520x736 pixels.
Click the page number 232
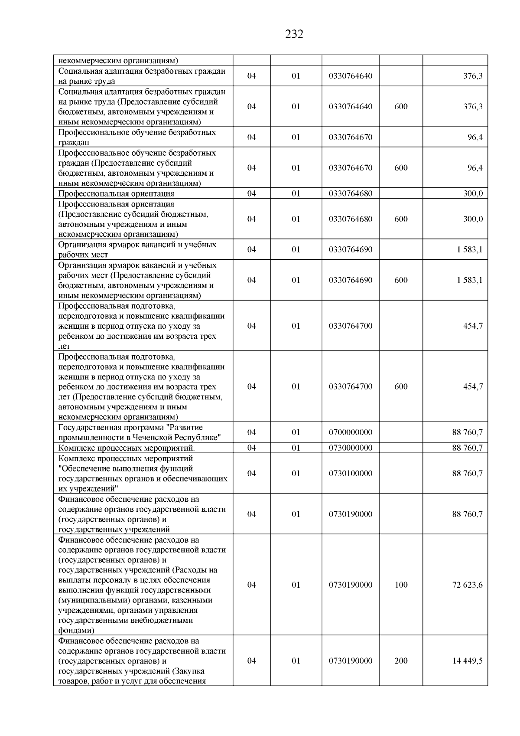click(294, 34)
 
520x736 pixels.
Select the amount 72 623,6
click(467, 585)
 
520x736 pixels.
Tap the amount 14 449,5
click(467, 661)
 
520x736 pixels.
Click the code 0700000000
click(351, 432)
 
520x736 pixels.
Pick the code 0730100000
click(351, 473)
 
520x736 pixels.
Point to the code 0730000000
click(351, 448)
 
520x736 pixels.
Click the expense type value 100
click(401, 585)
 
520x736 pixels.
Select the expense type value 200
click(401, 661)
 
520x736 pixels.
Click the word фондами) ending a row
click(76, 630)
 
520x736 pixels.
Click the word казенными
click(191, 600)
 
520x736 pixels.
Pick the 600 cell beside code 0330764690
click(401, 280)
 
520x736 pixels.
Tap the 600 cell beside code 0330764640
click(401, 106)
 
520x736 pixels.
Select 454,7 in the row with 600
click(473, 386)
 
